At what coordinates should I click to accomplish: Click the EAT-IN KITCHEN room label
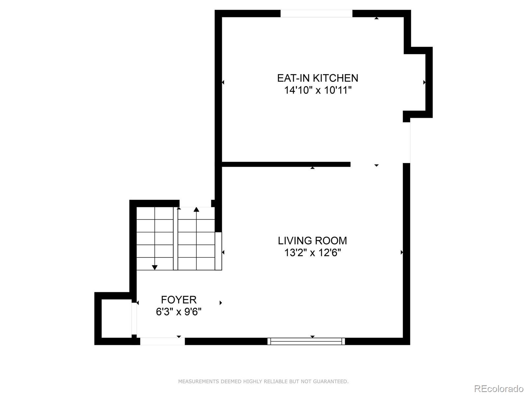[x=318, y=78]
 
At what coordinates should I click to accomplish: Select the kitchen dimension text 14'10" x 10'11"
[x=318, y=90]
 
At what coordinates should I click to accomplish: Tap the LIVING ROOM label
[x=312, y=241]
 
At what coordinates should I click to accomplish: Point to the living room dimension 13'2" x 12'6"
[x=312, y=253]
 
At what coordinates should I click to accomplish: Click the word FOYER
[x=179, y=300]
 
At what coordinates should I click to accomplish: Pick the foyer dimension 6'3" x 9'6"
[x=179, y=311]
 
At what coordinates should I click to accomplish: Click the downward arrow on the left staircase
[x=154, y=267]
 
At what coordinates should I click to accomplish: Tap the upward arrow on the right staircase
[x=196, y=209]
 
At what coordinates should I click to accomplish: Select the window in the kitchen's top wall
[x=316, y=13]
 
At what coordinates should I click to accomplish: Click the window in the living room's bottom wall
[x=306, y=341]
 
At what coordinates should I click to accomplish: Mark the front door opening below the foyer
[x=162, y=341]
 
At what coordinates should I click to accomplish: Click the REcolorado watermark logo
[x=499, y=388]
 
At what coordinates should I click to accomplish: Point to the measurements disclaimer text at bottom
[x=263, y=382]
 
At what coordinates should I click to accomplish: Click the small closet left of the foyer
[x=116, y=318]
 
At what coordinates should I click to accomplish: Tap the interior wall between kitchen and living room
[x=286, y=164]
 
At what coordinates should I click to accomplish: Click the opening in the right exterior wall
[x=407, y=142]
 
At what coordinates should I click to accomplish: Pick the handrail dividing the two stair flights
[x=176, y=239]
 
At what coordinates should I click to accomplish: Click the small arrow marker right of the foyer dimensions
[x=221, y=303]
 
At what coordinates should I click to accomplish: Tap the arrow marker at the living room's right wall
[x=402, y=252]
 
